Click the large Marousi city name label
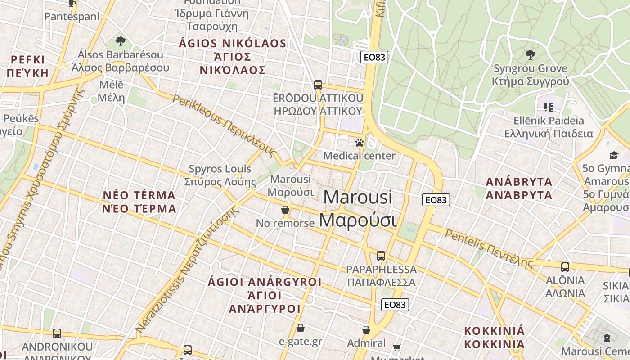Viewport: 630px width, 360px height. (358, 209)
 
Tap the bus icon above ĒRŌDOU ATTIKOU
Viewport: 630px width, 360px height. (318, 85)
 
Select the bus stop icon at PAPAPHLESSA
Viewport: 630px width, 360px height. (381, 256)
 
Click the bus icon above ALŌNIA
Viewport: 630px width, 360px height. (565, 267)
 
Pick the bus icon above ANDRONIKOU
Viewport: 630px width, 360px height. (57, 333)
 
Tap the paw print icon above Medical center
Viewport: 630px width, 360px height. (359, 143)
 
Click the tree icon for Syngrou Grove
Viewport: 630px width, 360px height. (531, 55)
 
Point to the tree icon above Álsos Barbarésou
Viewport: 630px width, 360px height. (120, 42)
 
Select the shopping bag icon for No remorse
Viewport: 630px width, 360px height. (285, 210)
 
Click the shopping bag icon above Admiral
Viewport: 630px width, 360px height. (366, 330)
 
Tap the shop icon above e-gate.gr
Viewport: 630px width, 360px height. (300, 328)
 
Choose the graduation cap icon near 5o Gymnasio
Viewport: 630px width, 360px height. (614, 156)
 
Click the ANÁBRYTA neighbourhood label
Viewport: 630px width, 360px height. (519, 189)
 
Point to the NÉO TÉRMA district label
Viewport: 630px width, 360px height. (139, 202)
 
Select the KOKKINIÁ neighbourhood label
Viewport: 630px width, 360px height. (495, 337)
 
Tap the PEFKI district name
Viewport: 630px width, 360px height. (28, 66)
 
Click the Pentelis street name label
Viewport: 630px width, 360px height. (489, 247)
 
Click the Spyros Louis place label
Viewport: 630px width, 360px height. (220, 175)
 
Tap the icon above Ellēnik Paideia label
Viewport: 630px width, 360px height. (549, 108)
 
